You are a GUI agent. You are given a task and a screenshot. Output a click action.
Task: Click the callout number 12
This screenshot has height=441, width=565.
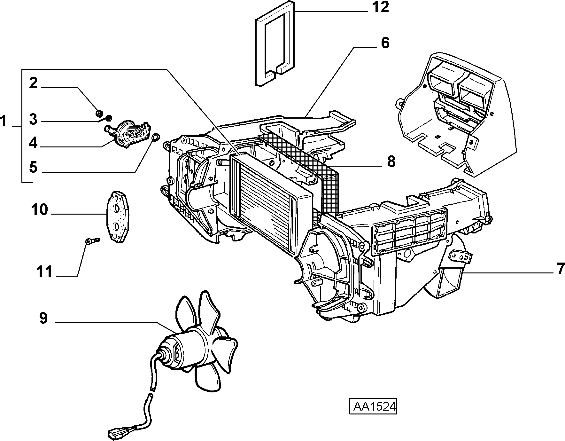tap(380, 7)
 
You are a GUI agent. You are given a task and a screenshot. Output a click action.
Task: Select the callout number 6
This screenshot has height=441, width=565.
tap(385, 43)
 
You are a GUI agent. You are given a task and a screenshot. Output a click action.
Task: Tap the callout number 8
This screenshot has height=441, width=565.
tap(391, 161)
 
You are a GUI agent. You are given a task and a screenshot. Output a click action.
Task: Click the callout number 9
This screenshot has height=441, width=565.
tap(43, 318)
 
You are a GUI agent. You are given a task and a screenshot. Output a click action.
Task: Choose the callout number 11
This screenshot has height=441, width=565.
tap(44, 272)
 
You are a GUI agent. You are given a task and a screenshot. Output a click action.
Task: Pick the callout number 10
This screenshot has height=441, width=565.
tap(40, 210)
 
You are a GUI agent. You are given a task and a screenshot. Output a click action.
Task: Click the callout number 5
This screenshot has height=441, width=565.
tap(33, 167)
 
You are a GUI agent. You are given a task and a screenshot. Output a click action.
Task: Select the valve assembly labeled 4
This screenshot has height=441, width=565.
tap(128, 134)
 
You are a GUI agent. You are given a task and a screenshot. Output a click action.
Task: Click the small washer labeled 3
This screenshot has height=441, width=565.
tap(109, 118)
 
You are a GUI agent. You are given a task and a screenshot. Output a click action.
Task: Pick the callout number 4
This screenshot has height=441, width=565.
tap(33, 143)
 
